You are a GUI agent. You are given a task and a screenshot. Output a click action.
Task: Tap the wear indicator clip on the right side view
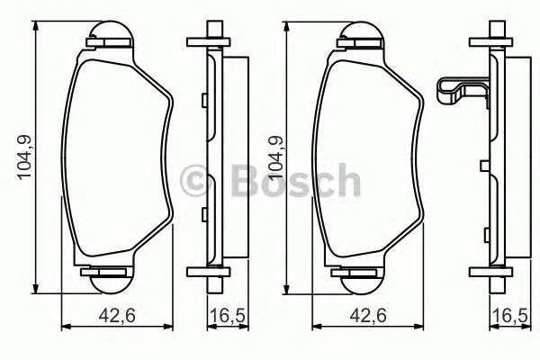(460, 93)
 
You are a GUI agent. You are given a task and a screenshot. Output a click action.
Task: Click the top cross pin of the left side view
(205, 40)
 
